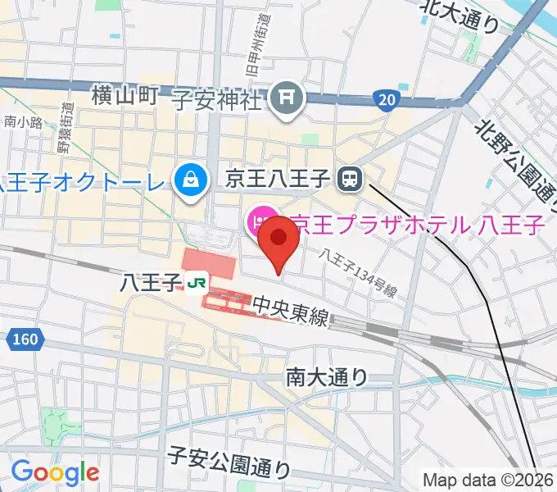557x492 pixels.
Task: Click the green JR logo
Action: coord(196,283)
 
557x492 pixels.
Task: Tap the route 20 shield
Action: coord(388,100)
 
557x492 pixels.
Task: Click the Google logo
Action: coord(55,473)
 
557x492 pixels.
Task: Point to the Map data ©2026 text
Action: coord(488,480)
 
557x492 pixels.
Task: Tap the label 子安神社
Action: coord(216,100)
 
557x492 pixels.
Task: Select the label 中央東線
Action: coord(291,310)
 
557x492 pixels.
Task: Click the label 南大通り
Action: coord(327,376)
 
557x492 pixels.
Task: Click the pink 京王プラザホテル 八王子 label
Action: coord(418,222)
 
